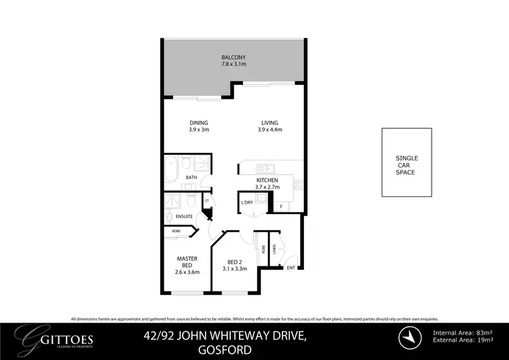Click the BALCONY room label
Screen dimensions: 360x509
(x=233, y=56)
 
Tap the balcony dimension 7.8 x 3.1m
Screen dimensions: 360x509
(x=233, y=64)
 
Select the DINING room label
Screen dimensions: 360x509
(x=199, y=123)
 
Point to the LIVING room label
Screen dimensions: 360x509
(x=270, y=123)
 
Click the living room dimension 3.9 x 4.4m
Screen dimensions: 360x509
(x=270, y=130)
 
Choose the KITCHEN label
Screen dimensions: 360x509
(x=267, y=180)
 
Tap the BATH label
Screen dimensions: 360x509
(x=192, y=178)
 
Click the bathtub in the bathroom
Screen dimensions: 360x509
(x=171, y=168)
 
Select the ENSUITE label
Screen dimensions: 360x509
(x=185, y=216)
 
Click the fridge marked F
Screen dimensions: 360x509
(x=280, y=206)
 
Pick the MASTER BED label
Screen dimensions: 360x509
(x=187, y=262)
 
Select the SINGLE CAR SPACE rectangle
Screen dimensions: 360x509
(x=407, y=166)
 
